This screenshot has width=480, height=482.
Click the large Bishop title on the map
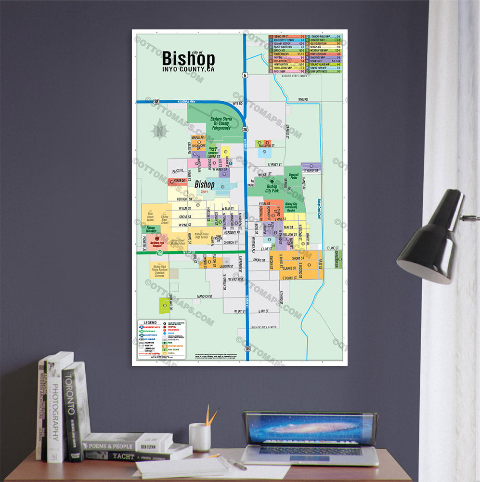[x=188, y=59]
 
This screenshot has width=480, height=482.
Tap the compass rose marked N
[x=159, y=130]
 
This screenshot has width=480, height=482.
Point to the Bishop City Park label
[x=272, y=188]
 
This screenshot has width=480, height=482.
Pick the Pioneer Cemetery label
[x=151, y=228]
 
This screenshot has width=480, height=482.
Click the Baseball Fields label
[x=294, y=176]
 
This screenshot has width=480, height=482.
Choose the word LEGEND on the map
[x=150, y=322]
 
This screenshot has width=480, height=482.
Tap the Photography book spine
[x=55, y=410]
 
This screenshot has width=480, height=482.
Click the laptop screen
[x=311, y=428]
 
